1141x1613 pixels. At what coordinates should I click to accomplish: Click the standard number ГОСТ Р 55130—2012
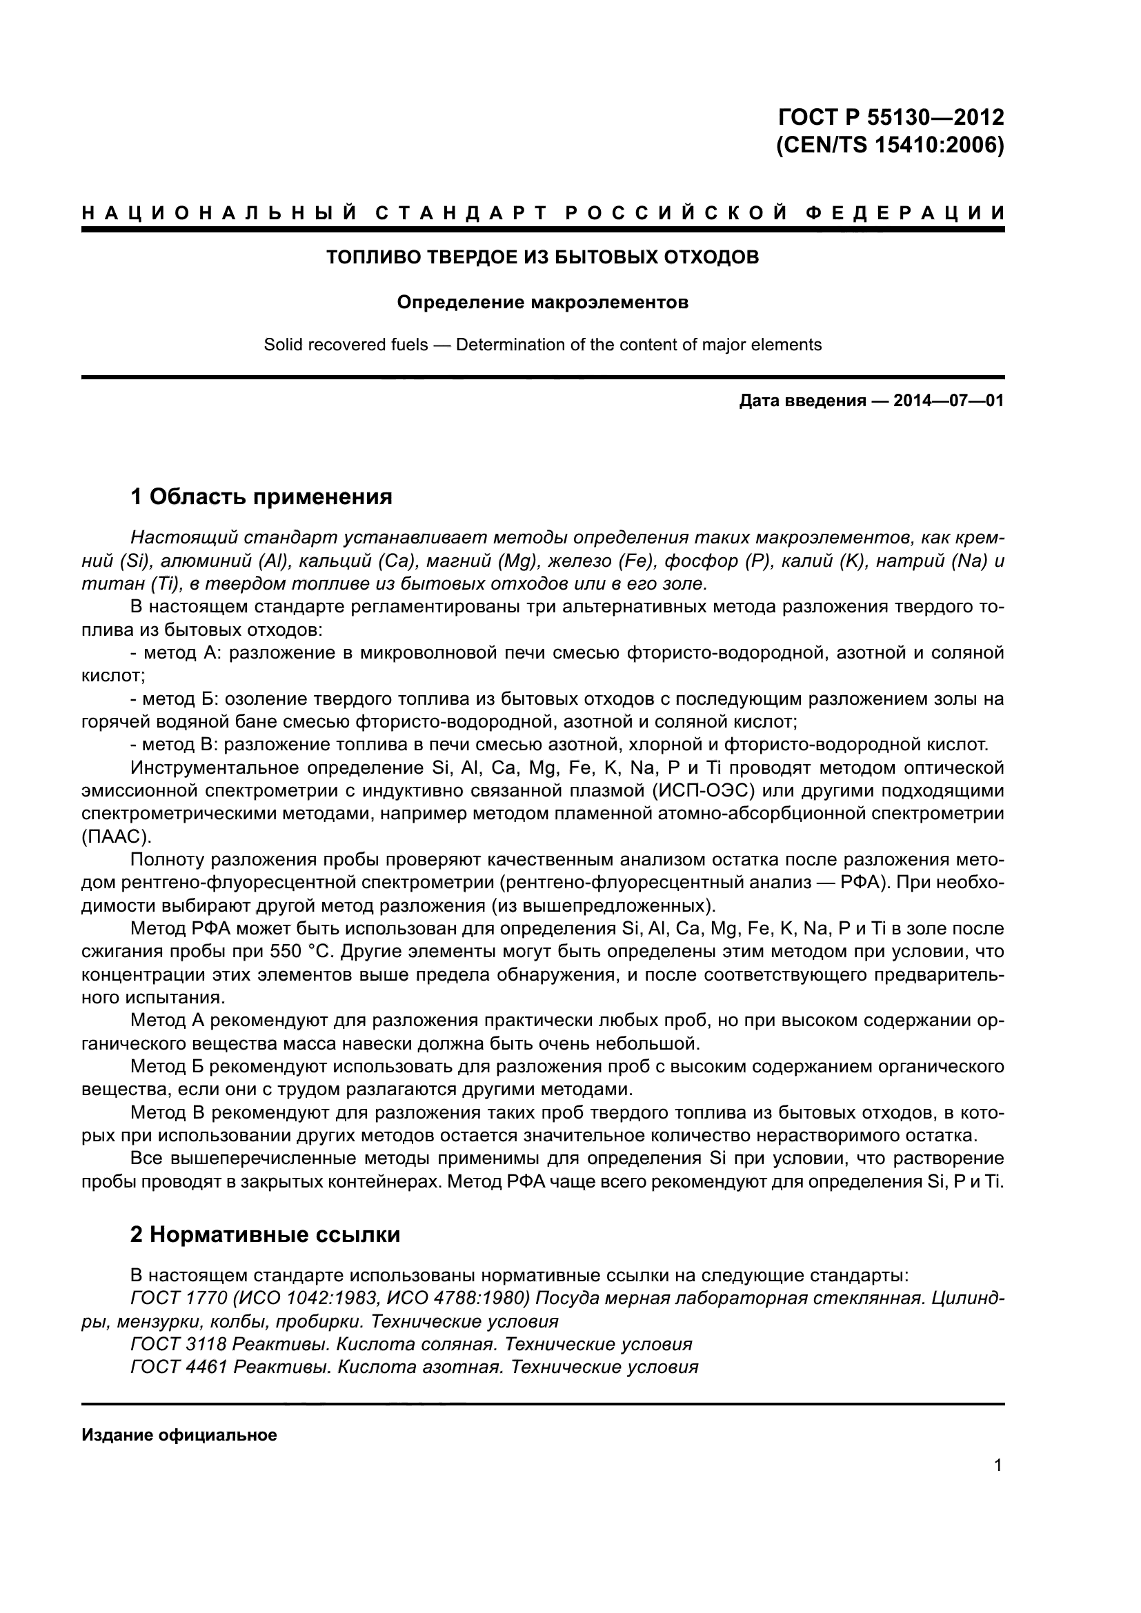(x=890, y=117)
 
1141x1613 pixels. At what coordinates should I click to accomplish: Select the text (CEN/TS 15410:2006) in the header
(x=890, y=146)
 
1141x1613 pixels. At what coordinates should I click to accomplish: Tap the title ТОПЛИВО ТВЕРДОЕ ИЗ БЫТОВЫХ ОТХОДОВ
(x=542, y=257)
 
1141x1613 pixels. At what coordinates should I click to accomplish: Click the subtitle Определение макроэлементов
(x=542, y=302)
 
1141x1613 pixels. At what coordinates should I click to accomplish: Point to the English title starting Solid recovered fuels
(x=542, y=345)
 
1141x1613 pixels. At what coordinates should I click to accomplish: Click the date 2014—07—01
(x=949, y=401)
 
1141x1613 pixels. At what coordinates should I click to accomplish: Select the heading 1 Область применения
(x=261, y=497)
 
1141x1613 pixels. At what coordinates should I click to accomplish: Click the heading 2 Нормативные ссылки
(x=265, y=1235)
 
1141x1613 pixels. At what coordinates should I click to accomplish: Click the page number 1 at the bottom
(x=998, y=1465)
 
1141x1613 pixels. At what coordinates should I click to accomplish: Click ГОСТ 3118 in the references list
(x=179, y=1344)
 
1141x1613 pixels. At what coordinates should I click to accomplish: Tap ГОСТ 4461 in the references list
(x=179, y=1367)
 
